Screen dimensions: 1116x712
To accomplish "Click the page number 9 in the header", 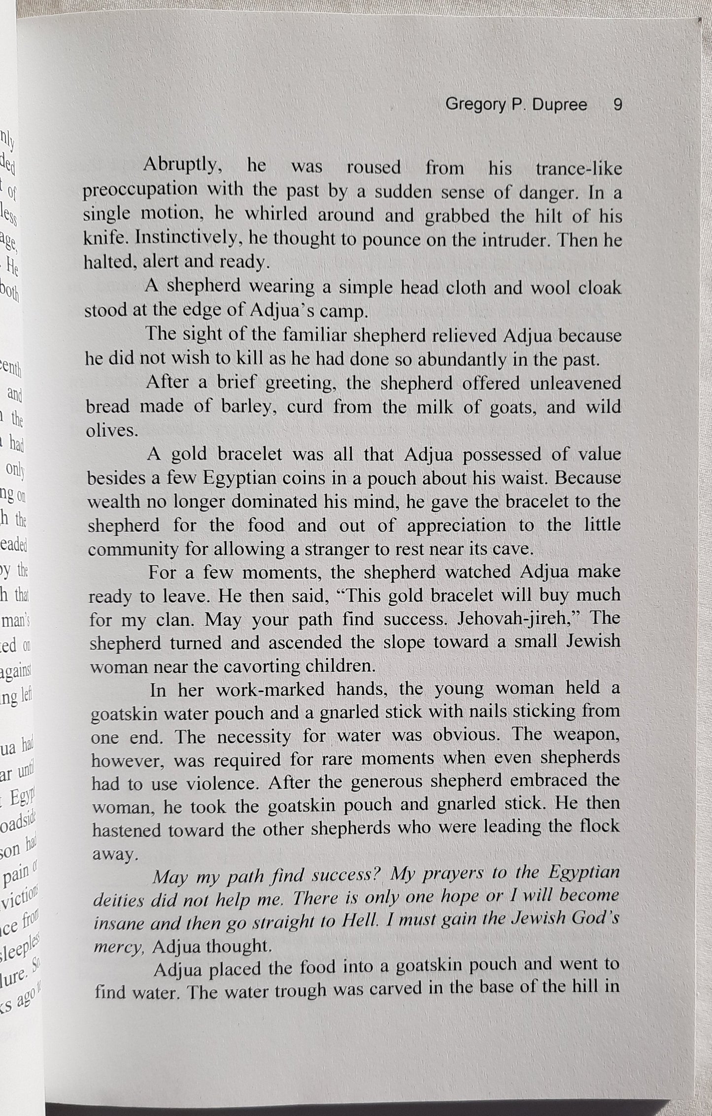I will pos(617,105).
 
